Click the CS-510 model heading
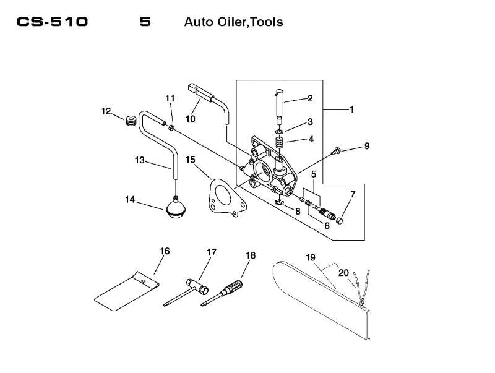click(x=52, y=22)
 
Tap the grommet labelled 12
click(x=131, y=121)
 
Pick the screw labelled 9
click(x=336, y=151)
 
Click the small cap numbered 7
click(x=339, y=220)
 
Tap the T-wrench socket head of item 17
click(x=197, y=286)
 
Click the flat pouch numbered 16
click(x=126, y=291)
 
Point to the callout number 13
click(x=140, y=160)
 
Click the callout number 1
click(x=351, y=109)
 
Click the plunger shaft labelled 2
click(x=280, y=107)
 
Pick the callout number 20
click(x=344, y=272)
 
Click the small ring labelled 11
click(x=171, y=128)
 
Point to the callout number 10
click(x=191, y=119)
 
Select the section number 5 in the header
click(x=145, y=22)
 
